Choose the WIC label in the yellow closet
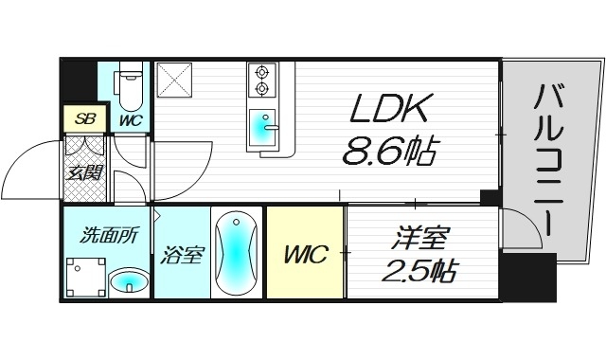(x=305, y=254)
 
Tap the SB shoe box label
(x=85, y=120)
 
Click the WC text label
(x=131, y=120)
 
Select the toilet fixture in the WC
(x=132, y=86)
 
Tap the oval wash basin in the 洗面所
(x=129, y=281)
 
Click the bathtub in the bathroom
(x=234, y=254)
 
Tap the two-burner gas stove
(x=261, y=81)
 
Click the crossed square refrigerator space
(x=175, y=81)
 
